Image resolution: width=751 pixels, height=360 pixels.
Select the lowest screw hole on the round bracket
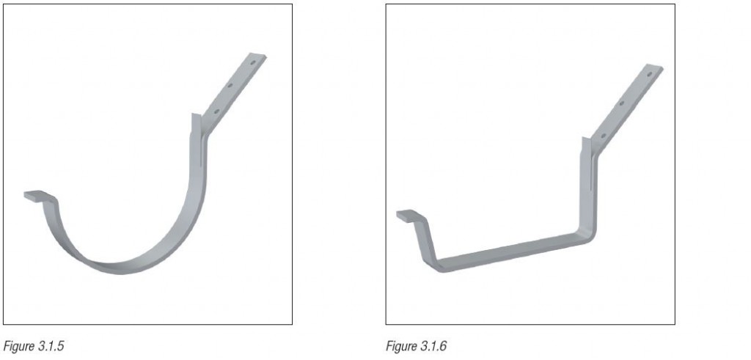[216, 111]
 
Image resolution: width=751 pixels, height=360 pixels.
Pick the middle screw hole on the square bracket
[621, 104]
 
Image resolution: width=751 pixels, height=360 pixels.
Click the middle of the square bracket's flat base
[513, 251]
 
